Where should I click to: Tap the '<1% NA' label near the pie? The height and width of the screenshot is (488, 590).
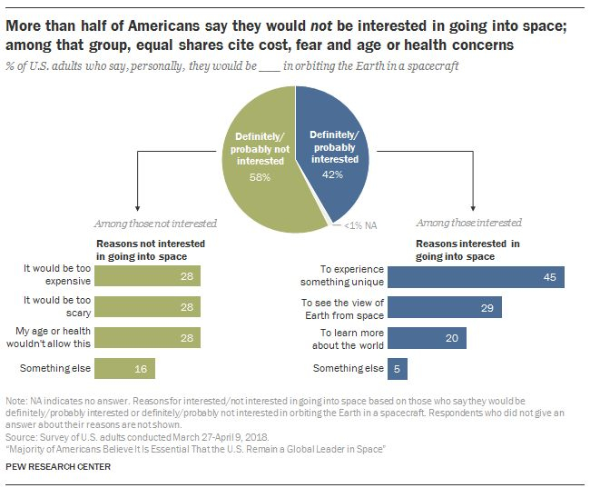tap(361, 224)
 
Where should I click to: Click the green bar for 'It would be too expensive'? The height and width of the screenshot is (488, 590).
tap(149, 276)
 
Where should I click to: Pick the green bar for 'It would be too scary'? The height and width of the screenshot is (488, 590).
tap(149, 307)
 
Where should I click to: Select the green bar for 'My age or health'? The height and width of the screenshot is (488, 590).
tap(149, 338)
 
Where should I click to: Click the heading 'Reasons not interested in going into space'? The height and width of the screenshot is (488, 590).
tap(151, 251)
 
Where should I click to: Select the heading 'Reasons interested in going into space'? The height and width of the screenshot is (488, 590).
tap(467, 251)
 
